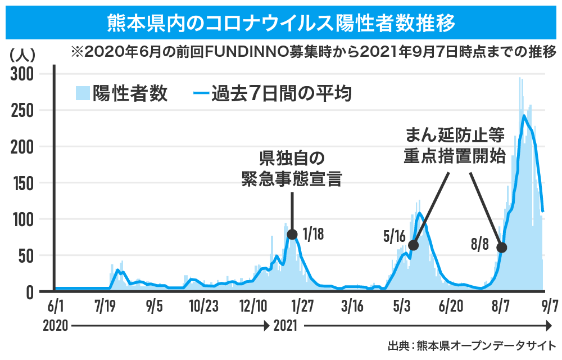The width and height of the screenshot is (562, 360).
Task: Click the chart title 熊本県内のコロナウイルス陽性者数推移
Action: tap(281, 23)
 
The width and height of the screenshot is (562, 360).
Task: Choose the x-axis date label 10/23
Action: tap(203, 307)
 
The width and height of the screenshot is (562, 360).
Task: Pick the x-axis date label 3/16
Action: tap(352, 307)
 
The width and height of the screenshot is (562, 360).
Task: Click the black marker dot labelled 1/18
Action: tap(292, 234)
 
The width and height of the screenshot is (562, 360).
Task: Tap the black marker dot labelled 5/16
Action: tap(414, 245)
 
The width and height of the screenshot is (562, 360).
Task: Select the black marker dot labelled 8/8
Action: tap(501, 247)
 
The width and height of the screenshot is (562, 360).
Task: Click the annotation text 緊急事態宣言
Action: tap(292, 179)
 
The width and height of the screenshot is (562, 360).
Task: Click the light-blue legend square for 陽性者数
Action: tap(83, 93)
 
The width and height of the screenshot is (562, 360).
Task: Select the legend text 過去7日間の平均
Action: tap(281, 93)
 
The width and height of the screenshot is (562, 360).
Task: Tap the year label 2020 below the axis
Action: tap(55, 326)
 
